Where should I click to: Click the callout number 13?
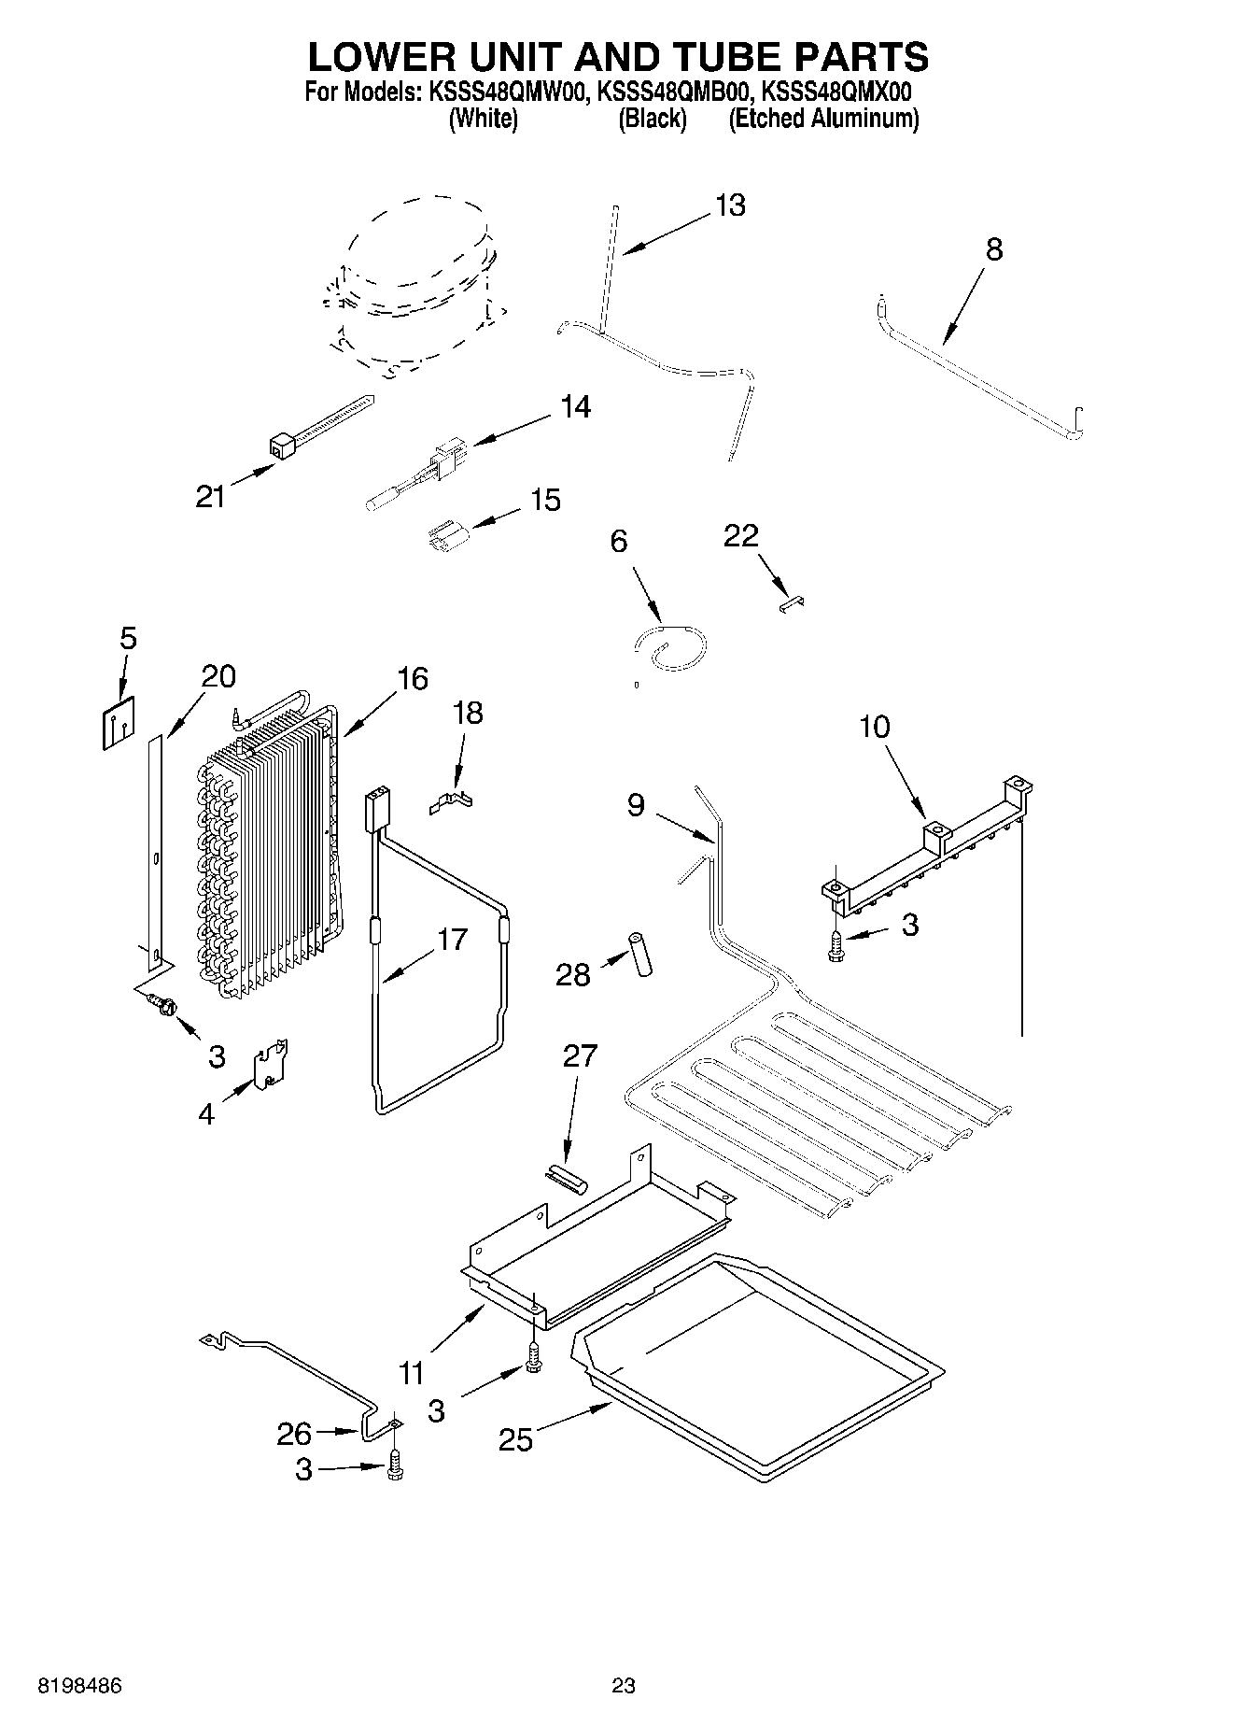tap(730, 205)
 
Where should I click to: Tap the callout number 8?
tap(994, 249)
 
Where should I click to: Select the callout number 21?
tap(210, 497)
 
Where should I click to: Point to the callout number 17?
tap(452, 939)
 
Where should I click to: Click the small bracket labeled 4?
tap(272, 1064)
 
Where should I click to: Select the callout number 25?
tap(515, 1439)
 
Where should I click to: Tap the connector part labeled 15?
tap(445, 540)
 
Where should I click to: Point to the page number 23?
tap(624, 1686)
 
